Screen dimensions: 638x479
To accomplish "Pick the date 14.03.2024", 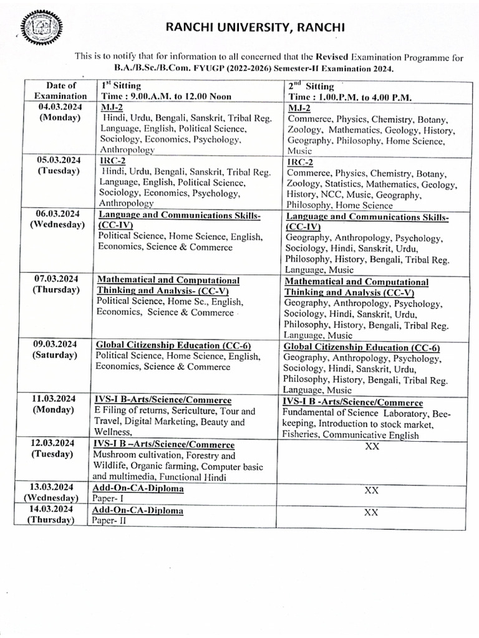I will click(x=53, y=509).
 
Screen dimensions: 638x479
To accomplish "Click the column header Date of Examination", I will click(x=60, y=90).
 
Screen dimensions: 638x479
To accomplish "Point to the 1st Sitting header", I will click(x=122, y=85).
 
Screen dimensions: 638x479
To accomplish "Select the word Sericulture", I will click(x=185, y=412).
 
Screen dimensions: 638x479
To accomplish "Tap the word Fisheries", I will click(x=302, y=436).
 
